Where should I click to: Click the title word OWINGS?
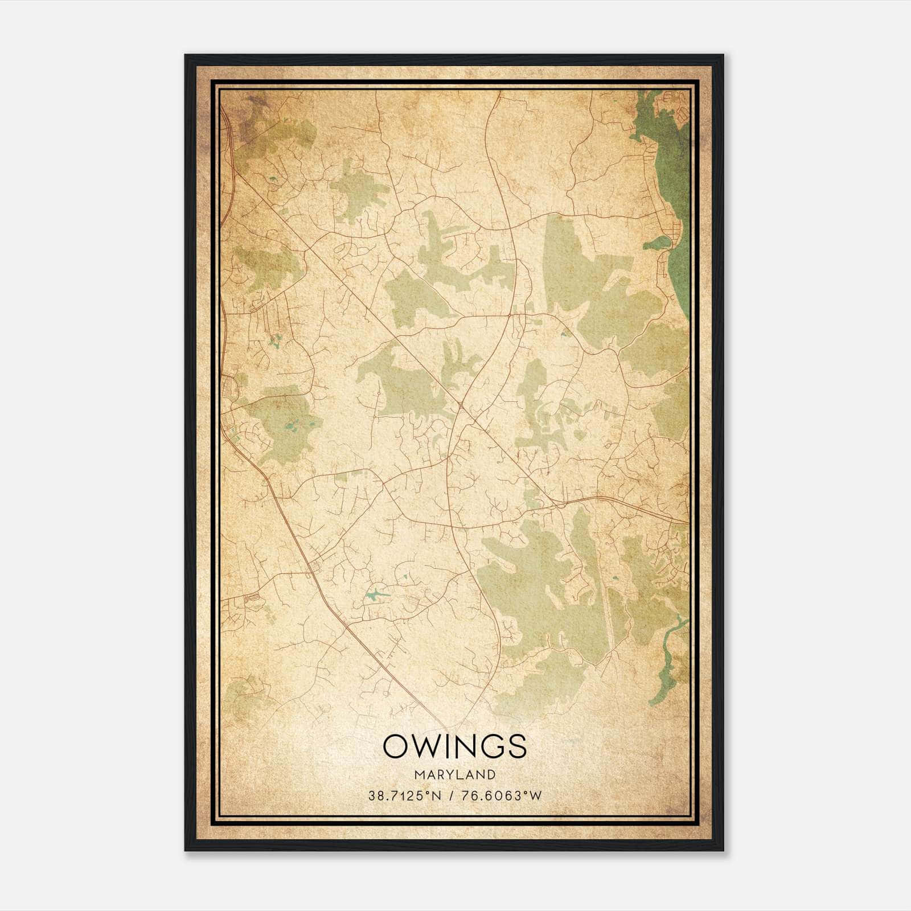454,746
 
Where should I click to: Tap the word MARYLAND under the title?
454,775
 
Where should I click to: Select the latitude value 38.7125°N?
405,796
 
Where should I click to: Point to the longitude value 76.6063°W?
500,796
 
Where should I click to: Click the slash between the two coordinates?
451,796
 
